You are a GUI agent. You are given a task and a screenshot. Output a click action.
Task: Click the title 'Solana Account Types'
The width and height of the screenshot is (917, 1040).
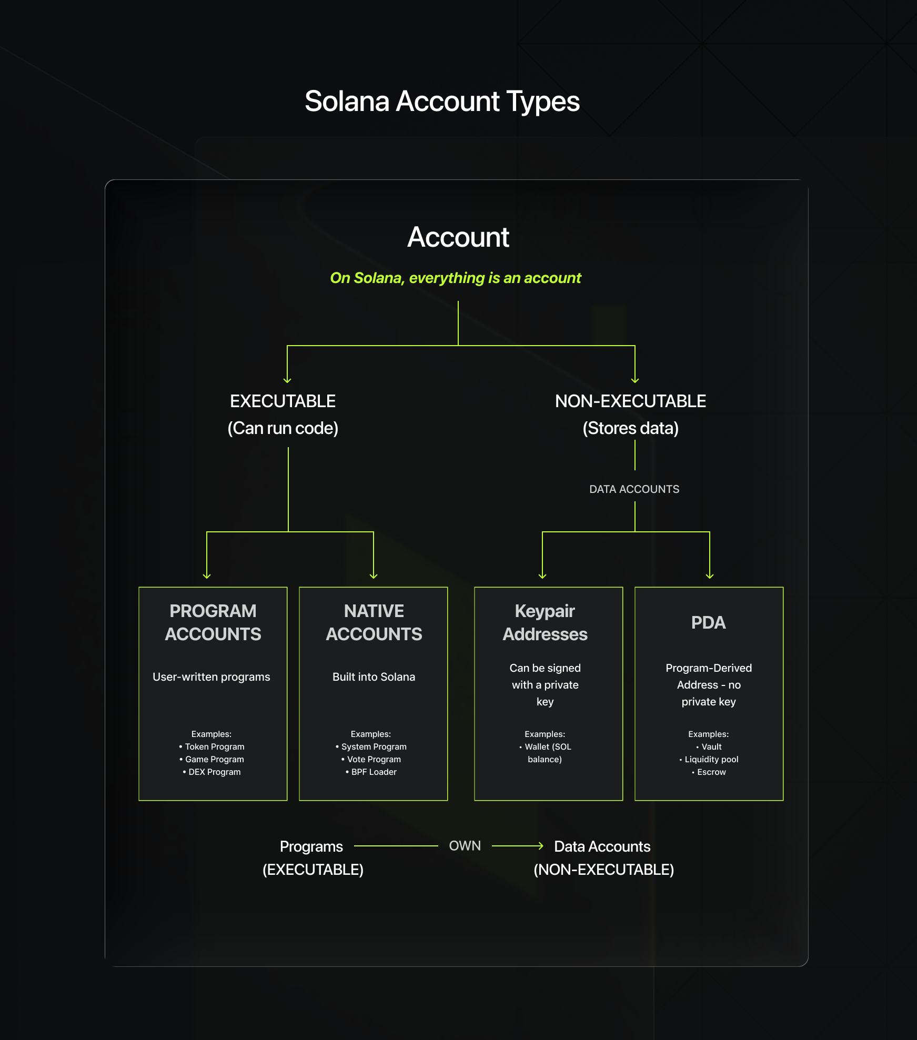[442, 101]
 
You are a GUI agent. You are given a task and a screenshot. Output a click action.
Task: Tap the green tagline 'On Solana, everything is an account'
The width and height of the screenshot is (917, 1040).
[456, 278]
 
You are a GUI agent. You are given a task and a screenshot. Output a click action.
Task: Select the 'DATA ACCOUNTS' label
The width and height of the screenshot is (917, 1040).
[634, 489]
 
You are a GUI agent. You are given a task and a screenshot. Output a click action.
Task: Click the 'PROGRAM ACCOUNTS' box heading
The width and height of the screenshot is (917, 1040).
[213, 622]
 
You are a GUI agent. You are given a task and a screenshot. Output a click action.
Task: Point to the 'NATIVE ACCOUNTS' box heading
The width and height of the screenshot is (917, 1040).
[374, 622]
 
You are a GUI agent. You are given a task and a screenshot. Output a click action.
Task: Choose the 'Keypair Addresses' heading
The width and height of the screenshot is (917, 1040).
[545, 622]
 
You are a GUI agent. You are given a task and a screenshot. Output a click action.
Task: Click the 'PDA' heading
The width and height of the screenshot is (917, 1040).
[708, 622]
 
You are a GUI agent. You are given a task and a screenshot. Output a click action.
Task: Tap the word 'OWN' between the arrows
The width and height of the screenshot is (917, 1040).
[465, 846]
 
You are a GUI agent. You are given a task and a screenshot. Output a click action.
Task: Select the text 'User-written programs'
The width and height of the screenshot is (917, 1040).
[211, 677]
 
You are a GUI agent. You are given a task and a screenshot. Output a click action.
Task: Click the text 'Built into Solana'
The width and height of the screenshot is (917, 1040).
[374, 677]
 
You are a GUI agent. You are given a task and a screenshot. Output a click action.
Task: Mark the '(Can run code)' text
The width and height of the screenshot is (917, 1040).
[283, 428]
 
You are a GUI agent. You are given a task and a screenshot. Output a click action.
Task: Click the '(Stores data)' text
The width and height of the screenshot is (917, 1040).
[630, 428]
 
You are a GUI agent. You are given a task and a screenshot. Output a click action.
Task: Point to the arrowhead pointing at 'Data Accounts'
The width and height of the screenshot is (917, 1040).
[540, 846]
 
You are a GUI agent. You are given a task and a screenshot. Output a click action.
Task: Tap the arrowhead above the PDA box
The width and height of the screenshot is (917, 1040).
[710, 576]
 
